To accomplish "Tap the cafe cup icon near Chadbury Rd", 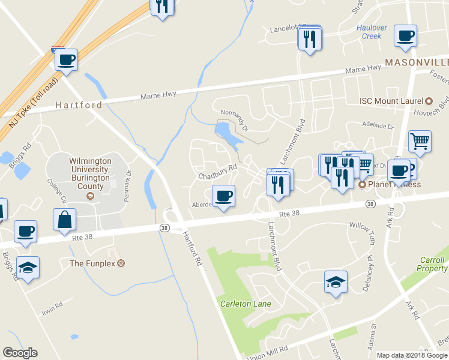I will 223,196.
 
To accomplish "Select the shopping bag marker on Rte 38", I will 64,220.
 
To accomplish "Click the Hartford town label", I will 79,105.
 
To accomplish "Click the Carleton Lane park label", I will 245,304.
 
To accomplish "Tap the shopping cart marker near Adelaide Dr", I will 420,142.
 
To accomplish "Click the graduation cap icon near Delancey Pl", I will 335,281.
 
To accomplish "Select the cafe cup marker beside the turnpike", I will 67,60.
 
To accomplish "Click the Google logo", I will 20,353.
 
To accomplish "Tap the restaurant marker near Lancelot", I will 310,39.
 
